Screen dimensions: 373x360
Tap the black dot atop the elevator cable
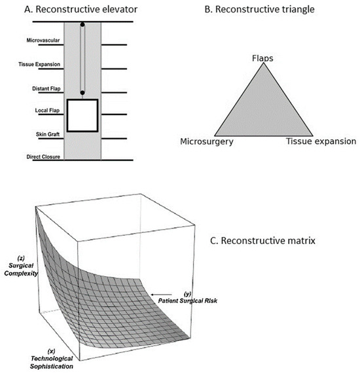coord(82,26)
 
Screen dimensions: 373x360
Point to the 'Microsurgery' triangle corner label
coord(207,141)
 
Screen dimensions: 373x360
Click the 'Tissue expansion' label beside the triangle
coord(321,141)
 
